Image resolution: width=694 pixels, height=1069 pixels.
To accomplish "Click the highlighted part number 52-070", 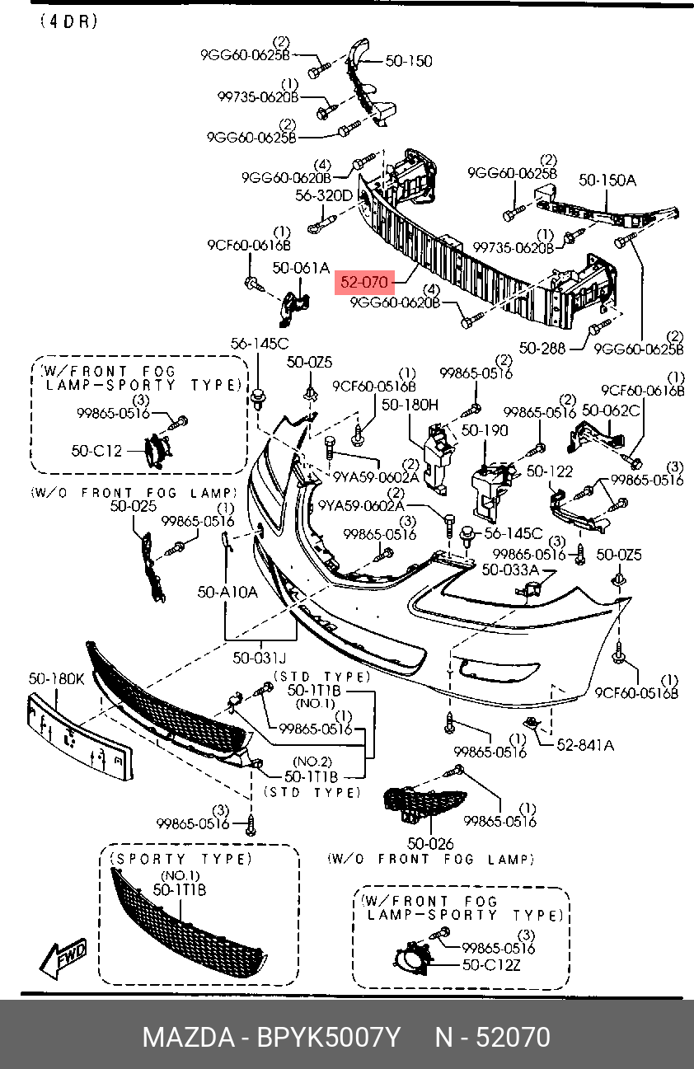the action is (364, 282).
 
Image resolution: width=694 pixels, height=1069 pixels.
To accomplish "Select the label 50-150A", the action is (607, 181).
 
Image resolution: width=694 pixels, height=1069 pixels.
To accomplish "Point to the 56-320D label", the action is (324, 195).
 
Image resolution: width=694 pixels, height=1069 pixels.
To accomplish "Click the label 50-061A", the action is (301, 268).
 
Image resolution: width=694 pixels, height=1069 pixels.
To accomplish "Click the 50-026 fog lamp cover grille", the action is (424, 804).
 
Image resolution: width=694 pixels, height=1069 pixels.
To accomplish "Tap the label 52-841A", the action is (585, 745).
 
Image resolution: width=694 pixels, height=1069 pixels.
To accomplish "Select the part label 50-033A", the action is (510, 570).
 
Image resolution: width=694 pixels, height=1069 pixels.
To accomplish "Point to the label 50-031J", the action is (259, 658).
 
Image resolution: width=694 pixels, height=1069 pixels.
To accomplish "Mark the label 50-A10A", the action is (227, 593).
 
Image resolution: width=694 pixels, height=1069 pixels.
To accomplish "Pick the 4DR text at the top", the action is (68, 21).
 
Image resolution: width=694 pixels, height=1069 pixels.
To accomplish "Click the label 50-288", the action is (542, 348).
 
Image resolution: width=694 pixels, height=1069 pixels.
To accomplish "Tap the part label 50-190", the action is (485, 430).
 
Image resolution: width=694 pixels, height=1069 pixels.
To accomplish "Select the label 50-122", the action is (550, 471).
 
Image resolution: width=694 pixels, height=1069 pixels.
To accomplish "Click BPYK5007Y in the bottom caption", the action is (328, 1037).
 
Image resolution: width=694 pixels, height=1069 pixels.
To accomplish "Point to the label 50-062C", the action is (611, 410).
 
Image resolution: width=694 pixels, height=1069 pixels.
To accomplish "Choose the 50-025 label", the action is (134, 506).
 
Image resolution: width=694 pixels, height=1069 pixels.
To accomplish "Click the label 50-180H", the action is (410, 405).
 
